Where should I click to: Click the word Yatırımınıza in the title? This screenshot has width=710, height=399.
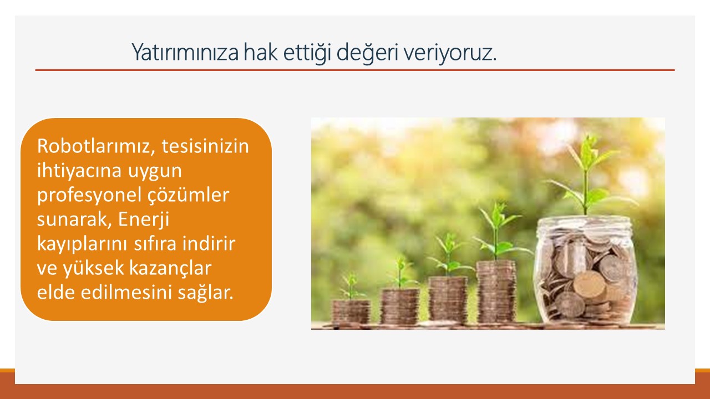point(185,52)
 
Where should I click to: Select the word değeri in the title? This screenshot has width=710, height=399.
point(367,53)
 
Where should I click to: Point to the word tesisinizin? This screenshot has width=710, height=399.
point(205,146)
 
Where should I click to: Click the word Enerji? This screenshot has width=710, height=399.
point(144,219)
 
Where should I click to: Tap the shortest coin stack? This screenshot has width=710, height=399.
point(351,312)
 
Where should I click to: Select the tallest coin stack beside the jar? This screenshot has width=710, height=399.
point(496,292)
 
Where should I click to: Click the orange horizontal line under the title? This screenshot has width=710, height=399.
point(355,70)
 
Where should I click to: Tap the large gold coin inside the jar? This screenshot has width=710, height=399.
point(590,284)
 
